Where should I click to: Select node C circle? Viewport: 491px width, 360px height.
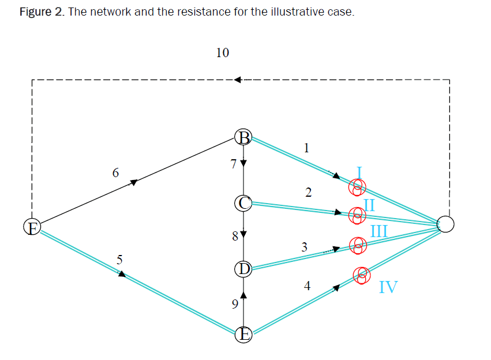point(243,202)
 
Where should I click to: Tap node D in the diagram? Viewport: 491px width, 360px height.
point(243,268)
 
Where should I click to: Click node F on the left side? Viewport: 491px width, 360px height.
point(32,228)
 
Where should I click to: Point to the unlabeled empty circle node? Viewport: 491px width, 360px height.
point(445,224)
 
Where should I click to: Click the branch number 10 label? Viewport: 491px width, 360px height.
point(222,53)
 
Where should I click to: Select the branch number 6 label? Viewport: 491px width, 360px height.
point(116,172)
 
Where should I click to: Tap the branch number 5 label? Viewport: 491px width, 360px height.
point(119,259)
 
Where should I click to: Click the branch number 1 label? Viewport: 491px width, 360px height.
point(306,148)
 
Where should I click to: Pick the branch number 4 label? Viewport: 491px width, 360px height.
point(307,285)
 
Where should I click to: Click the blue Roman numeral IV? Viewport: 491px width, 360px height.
point(388,287)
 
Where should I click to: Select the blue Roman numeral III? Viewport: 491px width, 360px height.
point(378,232)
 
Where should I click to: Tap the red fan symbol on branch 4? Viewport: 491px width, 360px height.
point(362,275)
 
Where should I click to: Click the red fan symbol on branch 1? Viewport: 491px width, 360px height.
point(358,186)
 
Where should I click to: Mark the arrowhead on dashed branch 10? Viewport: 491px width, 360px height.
point(238,80)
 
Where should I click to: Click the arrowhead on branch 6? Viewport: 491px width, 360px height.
point(134,182)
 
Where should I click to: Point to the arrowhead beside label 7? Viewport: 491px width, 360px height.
point(243,163)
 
